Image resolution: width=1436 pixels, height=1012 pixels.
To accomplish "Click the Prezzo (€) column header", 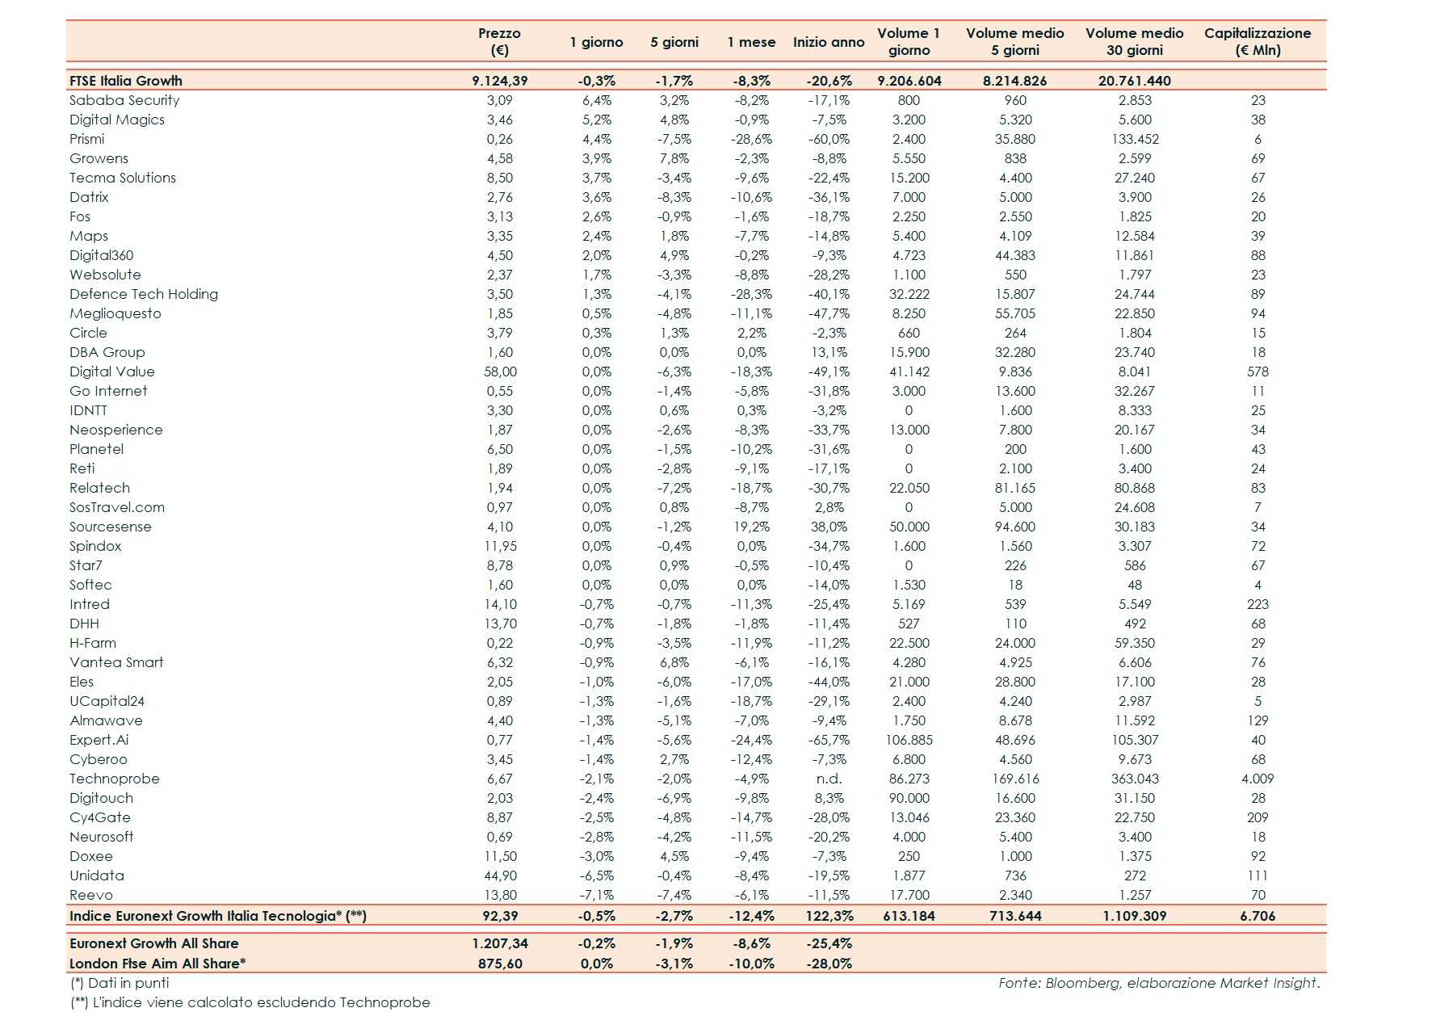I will point(499,41).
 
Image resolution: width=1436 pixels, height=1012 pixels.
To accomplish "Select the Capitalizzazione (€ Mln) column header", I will point(1258,41).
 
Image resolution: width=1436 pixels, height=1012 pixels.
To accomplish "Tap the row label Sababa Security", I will point(124,100).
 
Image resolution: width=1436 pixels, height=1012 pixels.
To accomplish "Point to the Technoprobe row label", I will point(115,779).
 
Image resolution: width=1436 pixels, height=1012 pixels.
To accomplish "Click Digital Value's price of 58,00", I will point(500,372).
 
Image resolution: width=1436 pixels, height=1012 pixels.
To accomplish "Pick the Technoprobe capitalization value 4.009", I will point(1258,779).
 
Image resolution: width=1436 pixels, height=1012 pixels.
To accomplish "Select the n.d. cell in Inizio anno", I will point(829,779).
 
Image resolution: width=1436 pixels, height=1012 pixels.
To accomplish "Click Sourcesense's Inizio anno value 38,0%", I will point(829,527).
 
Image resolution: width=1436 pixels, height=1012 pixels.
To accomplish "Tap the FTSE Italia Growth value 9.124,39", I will point(500,81).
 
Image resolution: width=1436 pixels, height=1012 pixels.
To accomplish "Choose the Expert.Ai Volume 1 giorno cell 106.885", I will point(909,740).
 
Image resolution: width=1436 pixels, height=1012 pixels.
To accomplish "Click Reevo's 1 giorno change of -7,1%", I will point(597,895).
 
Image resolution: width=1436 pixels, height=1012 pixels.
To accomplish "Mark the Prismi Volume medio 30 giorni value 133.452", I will point(1135,139).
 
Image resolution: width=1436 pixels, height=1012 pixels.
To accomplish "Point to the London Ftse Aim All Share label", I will point(157,964).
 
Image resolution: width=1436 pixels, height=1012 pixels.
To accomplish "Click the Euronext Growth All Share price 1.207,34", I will point(500,943).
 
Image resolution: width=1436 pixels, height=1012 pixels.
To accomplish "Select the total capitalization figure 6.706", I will point(1258,916).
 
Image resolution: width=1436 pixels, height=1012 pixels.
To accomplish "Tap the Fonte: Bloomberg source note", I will point(1158,983).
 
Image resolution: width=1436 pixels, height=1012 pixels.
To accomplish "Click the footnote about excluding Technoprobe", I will point(250,1002).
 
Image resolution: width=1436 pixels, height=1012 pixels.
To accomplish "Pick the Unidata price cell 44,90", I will point(500,876).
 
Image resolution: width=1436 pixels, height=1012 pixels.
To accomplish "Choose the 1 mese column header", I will point(751,42).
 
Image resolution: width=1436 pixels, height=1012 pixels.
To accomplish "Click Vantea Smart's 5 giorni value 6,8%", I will point(674,662).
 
